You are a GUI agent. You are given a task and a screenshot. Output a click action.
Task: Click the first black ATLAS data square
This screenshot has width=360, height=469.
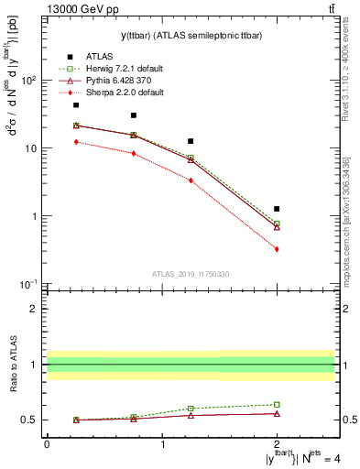pyautogui.click(x=76, y=105)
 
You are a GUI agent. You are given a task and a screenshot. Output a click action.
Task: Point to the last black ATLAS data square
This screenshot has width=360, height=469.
pyautogui.click(x=277, y=209)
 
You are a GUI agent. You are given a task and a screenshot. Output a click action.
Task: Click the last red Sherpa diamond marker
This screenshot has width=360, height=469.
pyautogui.click(x=277, y=249)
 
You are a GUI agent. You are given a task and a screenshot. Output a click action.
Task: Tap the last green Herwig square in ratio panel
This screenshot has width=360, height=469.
pyautogui.click(x=277, y=404)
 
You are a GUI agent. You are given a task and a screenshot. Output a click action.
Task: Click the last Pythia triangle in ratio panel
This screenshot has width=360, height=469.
pyautogui.click(x=277, y=413)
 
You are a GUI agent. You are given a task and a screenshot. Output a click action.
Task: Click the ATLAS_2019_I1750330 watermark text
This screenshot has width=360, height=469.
pyautogui.click(x=191, y=274)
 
